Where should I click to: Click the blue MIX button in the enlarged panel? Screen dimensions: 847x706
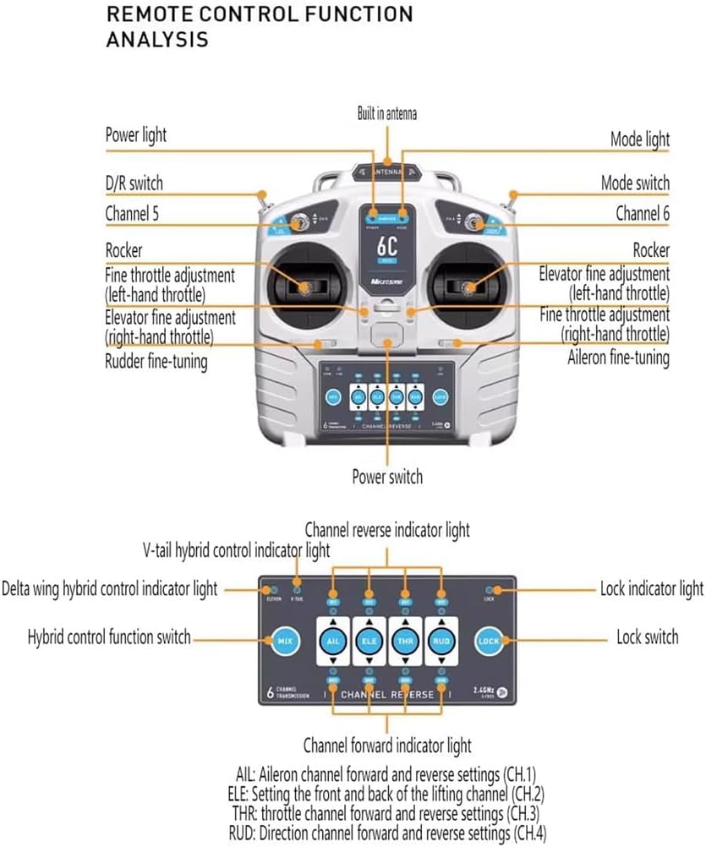click(283, 642)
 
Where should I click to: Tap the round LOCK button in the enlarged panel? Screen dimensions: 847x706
click(489, 642)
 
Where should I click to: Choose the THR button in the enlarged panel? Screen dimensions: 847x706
click(404, 640)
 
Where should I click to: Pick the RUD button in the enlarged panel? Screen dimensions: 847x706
click(441, 640)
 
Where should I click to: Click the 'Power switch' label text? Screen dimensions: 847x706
click(387, 477)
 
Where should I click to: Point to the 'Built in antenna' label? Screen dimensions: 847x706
click(386, 113)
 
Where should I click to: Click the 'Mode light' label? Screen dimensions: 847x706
click(639, 139)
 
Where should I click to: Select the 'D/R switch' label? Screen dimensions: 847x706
click(134, 183)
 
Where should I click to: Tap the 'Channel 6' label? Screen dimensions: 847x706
click(642, 214)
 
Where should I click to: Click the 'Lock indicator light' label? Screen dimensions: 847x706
click(651, 589)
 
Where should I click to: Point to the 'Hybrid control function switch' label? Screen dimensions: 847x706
click(109, 637)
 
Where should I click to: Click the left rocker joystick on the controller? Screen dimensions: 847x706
click(305, 287)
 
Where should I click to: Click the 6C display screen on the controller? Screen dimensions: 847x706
click(387, 249)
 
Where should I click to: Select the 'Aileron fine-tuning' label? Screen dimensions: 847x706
click(618, 358)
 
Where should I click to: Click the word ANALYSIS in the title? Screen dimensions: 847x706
click(157, 40)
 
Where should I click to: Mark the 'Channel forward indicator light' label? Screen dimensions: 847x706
click(387, 746)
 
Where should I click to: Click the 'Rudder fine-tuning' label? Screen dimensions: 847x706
click(156, 361)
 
